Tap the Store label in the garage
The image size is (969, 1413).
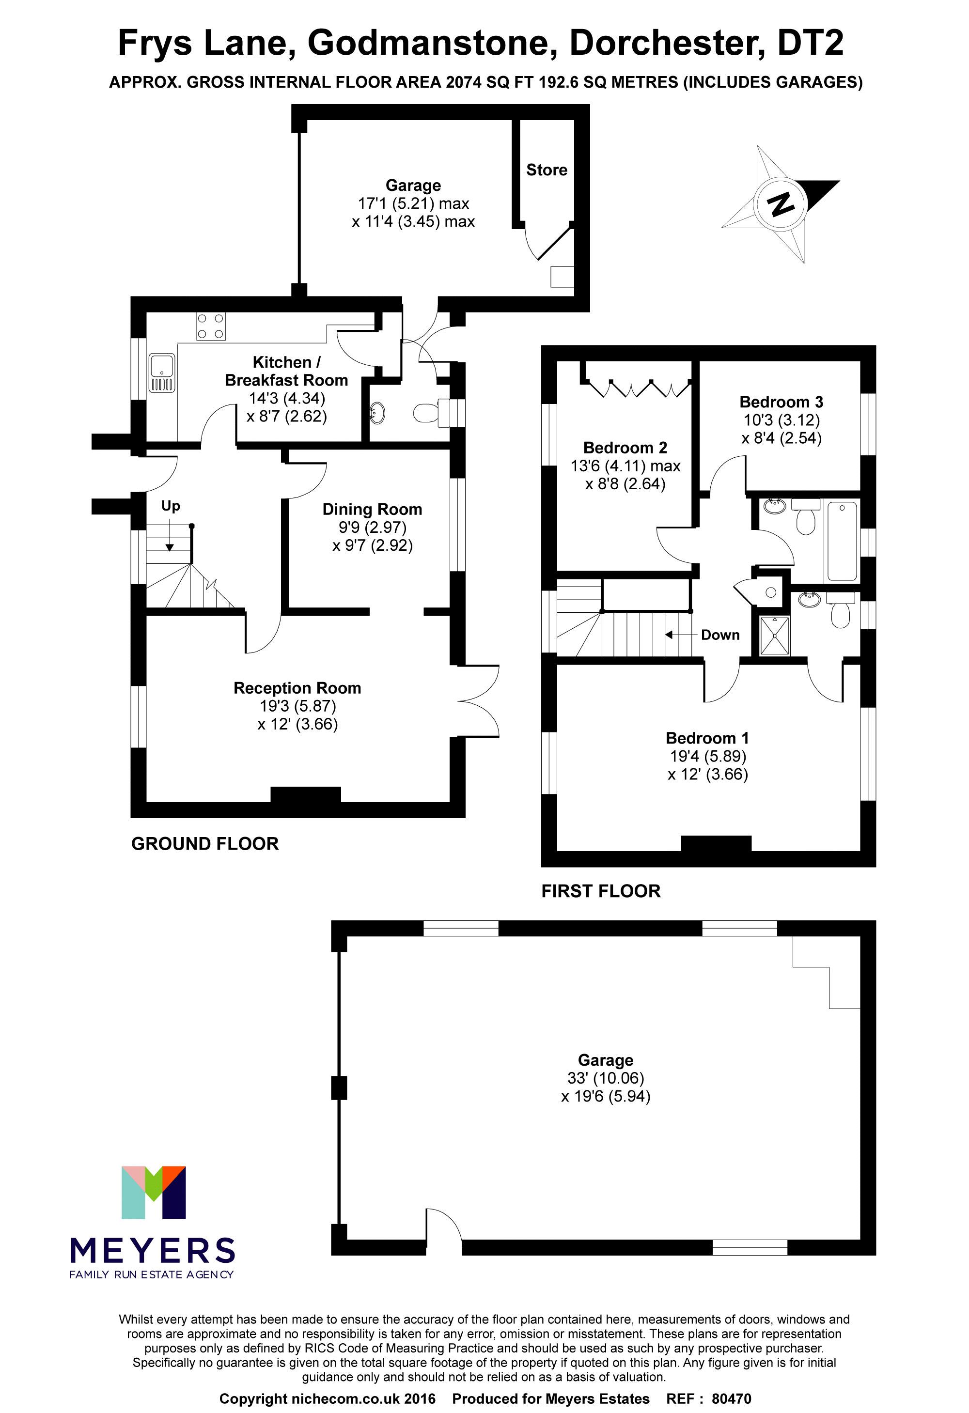(546, 170)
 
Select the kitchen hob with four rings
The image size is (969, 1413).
(210, 326)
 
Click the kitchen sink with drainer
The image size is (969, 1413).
(162, 373)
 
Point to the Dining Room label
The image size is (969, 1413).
(372, 510)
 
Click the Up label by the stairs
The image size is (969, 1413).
(171, 506)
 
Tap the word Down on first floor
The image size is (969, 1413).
(720, 636)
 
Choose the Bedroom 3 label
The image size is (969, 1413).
(781, 402)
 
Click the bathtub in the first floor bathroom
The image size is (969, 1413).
(842, 541)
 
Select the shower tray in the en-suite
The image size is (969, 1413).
(774, 636)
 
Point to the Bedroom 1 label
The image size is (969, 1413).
(707, 738)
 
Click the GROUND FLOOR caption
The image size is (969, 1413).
(205, 844)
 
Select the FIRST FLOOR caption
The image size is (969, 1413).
(600, 891)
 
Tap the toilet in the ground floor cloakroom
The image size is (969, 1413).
(427, 413)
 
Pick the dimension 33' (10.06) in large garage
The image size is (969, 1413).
(605, 1078)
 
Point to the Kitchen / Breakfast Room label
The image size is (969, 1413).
(286, 372)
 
